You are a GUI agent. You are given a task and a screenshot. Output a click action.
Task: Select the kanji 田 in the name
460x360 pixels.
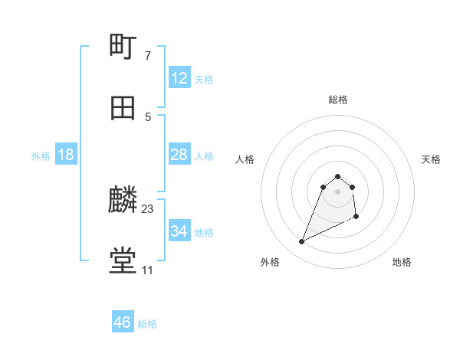click(x=123, y=108)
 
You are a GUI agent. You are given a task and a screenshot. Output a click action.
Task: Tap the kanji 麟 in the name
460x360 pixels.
click(x=123, y=201)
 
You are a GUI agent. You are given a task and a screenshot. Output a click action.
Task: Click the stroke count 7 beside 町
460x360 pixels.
click(x=148, y=55)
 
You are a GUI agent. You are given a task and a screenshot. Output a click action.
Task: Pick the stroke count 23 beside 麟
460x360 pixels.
click(x=148, y=208)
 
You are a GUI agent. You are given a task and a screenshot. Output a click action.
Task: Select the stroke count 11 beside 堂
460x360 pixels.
click(x=147, y=270)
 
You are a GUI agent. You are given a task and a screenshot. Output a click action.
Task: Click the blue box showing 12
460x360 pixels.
click(x=179, y=78)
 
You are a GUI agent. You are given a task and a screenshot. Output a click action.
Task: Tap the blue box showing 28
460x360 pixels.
click(x=179, y=155)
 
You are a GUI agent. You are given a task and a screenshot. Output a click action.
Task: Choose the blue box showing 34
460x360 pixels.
click(x=179, y=231)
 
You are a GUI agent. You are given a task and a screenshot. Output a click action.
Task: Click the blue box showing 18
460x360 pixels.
click(x=66, y=155)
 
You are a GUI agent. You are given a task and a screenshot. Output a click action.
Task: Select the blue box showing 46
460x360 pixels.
click(x=123, y=322)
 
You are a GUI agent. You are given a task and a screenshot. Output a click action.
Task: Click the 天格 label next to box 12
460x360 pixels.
click(x=204, y=80)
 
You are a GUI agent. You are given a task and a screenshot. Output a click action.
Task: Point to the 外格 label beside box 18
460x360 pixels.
click(x=41, y=156)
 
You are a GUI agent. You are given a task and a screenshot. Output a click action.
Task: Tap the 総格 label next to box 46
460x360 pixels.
click(x=147, y=324)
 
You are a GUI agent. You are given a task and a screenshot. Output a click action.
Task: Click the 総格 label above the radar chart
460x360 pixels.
click(x=338, y=100)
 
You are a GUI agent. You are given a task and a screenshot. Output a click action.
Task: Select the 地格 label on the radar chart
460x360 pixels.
click(x=402, y=262)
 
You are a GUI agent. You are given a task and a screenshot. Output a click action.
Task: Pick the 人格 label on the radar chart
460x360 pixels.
click(x=245, y=159)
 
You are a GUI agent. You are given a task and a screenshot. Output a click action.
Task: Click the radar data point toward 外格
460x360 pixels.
click(x=301, y=242)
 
